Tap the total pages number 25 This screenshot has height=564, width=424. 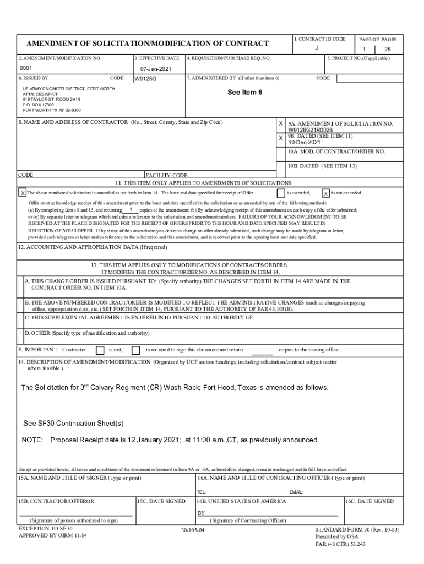tap(387, 49)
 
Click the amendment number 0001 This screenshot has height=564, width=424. tap(26, 68)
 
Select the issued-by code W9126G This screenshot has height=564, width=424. tap(145, 79)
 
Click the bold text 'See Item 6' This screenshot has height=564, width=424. tap(244, 92)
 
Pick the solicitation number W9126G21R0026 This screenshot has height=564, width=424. tap(310, 131)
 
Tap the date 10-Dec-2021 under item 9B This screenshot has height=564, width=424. tap(302, 142)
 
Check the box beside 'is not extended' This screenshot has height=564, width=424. tap(326, 193)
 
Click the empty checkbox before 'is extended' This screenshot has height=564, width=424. tap(281, 193)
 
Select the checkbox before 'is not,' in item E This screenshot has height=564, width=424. tap(100, 350)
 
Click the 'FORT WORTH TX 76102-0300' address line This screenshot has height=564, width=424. tap(52, 110)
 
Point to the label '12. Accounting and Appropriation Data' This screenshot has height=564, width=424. tap(85, 247)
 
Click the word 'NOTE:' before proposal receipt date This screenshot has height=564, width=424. tap(32, 440)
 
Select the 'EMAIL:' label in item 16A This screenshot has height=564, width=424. tap(296, 492)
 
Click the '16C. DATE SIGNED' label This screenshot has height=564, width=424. tap(369, 501)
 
